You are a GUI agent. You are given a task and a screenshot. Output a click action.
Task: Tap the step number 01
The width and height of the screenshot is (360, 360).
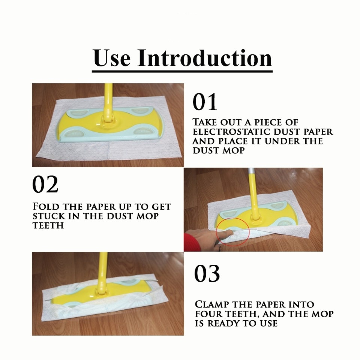(205, 102)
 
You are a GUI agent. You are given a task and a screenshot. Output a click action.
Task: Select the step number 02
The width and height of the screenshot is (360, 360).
(45, 184)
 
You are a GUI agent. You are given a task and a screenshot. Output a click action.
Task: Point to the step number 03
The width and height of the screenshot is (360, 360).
(207, 273)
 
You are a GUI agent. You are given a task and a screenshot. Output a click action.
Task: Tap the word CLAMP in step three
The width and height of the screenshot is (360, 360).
(212, 304)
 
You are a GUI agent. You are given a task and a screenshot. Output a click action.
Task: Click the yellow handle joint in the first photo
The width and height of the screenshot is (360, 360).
(107, 120)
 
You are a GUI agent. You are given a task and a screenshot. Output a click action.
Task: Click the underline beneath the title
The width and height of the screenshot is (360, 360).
(182, 71)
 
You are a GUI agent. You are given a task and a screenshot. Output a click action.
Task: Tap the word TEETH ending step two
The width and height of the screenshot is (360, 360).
(48, 226)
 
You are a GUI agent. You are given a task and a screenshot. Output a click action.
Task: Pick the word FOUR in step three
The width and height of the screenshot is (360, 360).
(209, 314)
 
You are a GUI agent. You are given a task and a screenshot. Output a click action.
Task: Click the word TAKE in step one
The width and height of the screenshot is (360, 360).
(205, 122)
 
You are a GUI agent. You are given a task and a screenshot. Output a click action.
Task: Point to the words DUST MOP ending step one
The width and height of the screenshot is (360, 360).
(219, 151)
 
